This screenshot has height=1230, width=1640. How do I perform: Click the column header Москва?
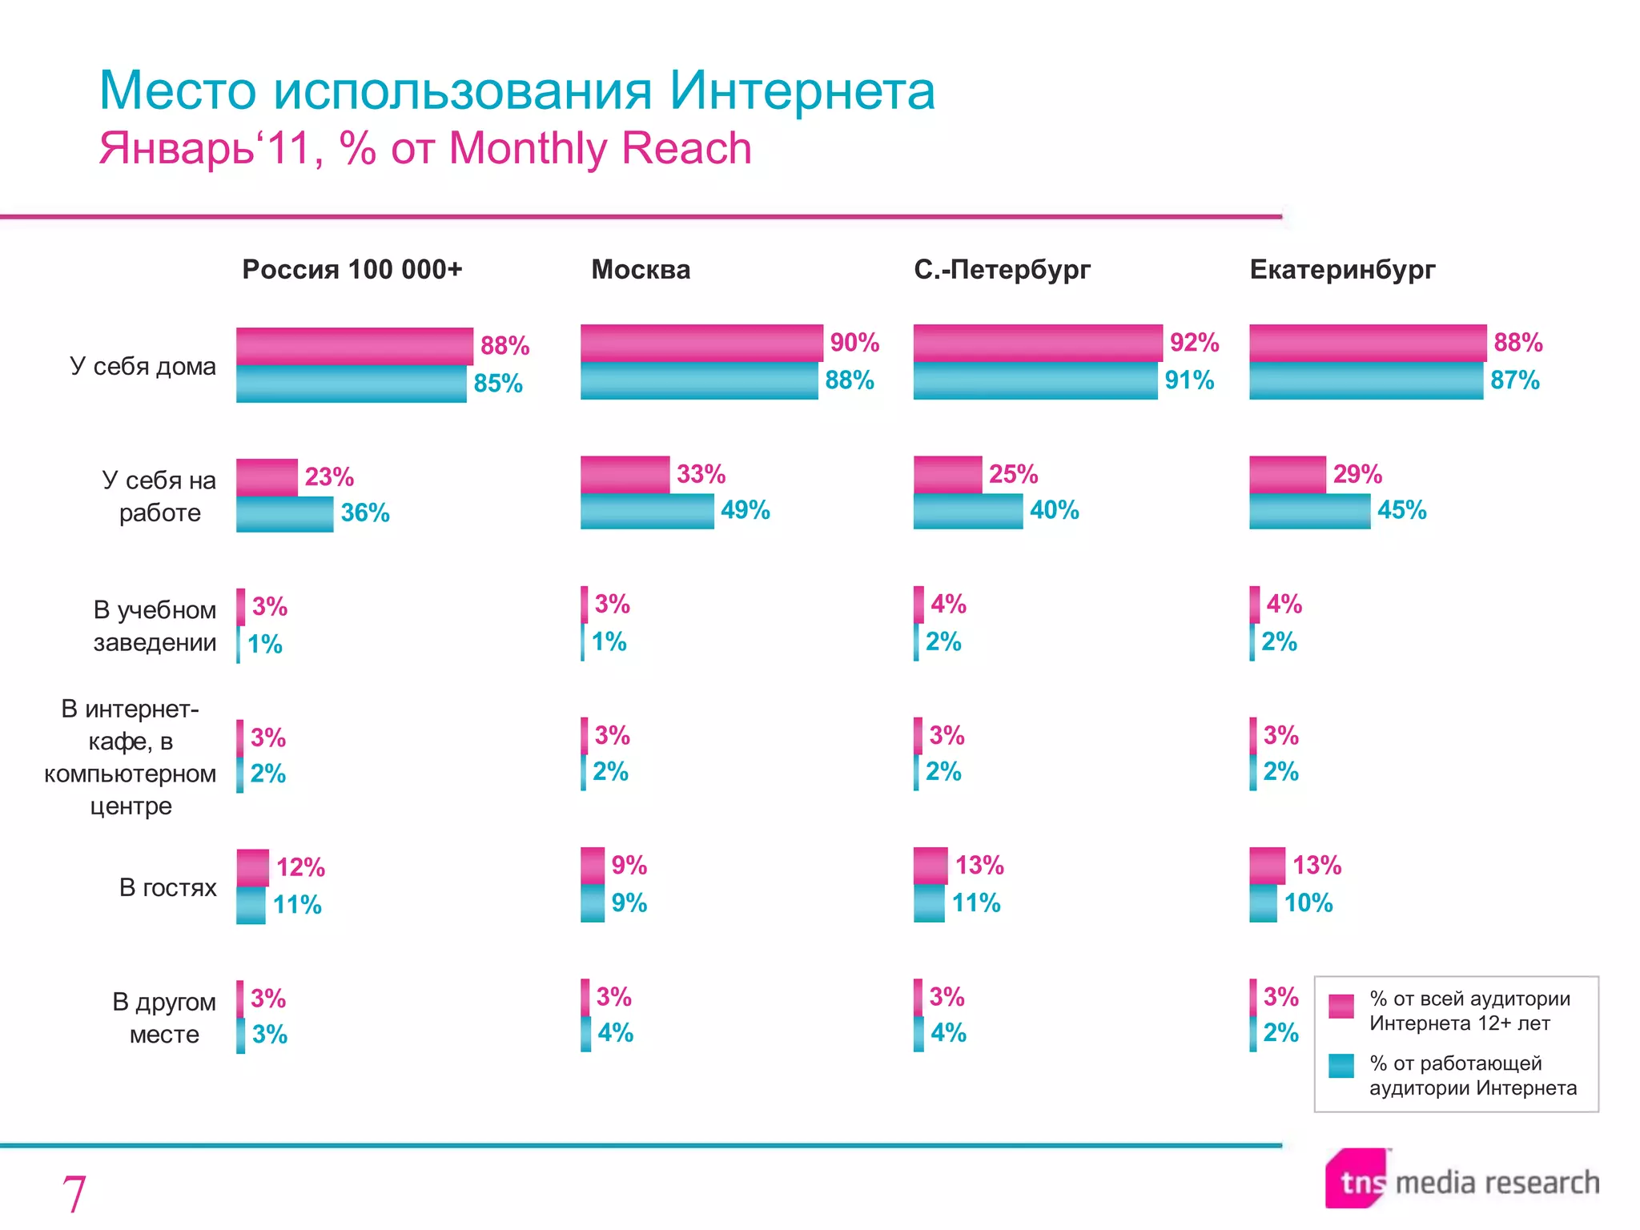point(641,270)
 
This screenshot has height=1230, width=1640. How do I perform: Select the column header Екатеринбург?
point(1342,270)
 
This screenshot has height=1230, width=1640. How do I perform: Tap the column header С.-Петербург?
point(1002,270)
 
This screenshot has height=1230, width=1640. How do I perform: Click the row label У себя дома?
point(143,367)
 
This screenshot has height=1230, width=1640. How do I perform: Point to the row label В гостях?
point(167,887)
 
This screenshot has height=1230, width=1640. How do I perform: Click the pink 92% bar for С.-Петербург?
point(1037,344)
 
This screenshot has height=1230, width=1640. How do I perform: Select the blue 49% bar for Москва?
point(647,511)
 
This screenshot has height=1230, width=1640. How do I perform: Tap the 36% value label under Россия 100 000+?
point(365,512)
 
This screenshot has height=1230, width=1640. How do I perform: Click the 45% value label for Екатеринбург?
point(1401,510)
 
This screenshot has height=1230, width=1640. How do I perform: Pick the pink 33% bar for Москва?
point(625,475)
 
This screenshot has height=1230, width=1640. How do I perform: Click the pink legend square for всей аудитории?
point(1341,1006)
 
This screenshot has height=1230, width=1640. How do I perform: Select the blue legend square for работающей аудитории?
point(1341,1066)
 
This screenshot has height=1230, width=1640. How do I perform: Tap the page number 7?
point(74,1194)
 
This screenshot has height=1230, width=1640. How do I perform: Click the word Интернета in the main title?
point(802,90)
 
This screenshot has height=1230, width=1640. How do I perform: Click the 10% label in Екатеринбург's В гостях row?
point(1308,903)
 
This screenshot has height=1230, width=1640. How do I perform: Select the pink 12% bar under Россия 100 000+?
point(252,868)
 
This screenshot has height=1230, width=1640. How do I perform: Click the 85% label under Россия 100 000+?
point(497,384)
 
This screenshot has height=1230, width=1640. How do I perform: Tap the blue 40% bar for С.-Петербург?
point(967,511)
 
